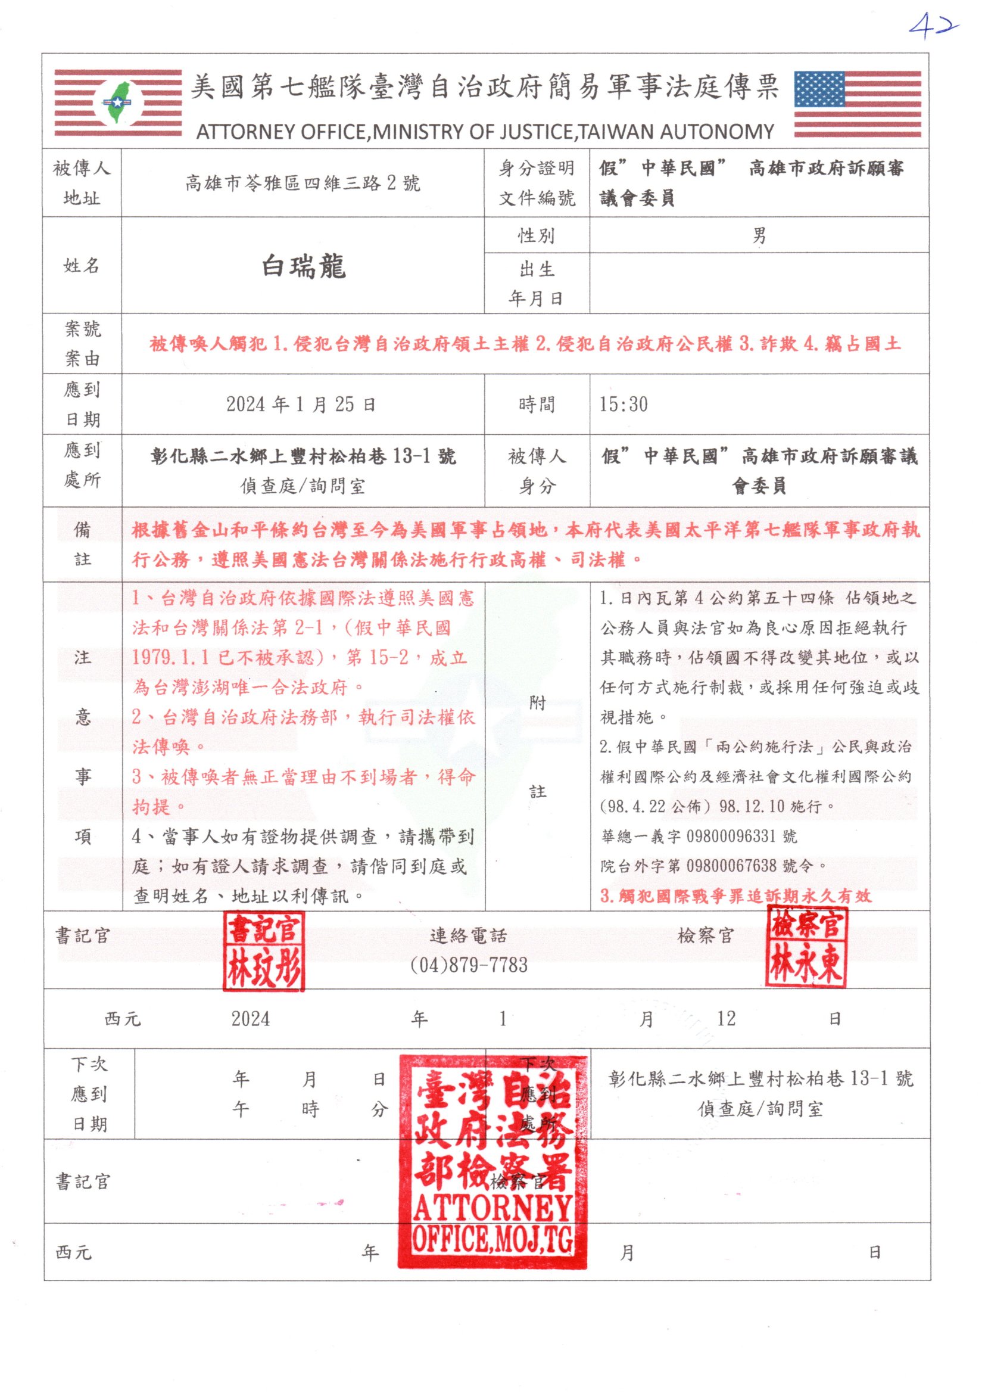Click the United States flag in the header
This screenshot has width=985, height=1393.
coord(857,104)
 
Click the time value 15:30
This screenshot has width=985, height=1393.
coord(624,404)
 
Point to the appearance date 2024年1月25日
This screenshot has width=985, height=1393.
coord(301,404)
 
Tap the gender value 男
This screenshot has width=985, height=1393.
coord(759,235)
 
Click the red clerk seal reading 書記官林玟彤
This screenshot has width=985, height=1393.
coord(264,952)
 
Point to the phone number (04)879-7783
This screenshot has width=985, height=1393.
coord(469,965)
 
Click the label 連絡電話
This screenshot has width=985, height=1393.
coord(467,935)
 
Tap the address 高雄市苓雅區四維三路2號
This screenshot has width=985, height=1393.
coord(302,183)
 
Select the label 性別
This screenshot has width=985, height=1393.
coord(536,235)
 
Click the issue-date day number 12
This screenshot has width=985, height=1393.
coord(726,1019)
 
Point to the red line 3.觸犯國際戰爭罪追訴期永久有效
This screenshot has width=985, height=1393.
coord(735,895)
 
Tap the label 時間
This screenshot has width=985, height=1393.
coord(536,404)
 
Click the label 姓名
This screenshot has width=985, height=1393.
coord(82,265)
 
